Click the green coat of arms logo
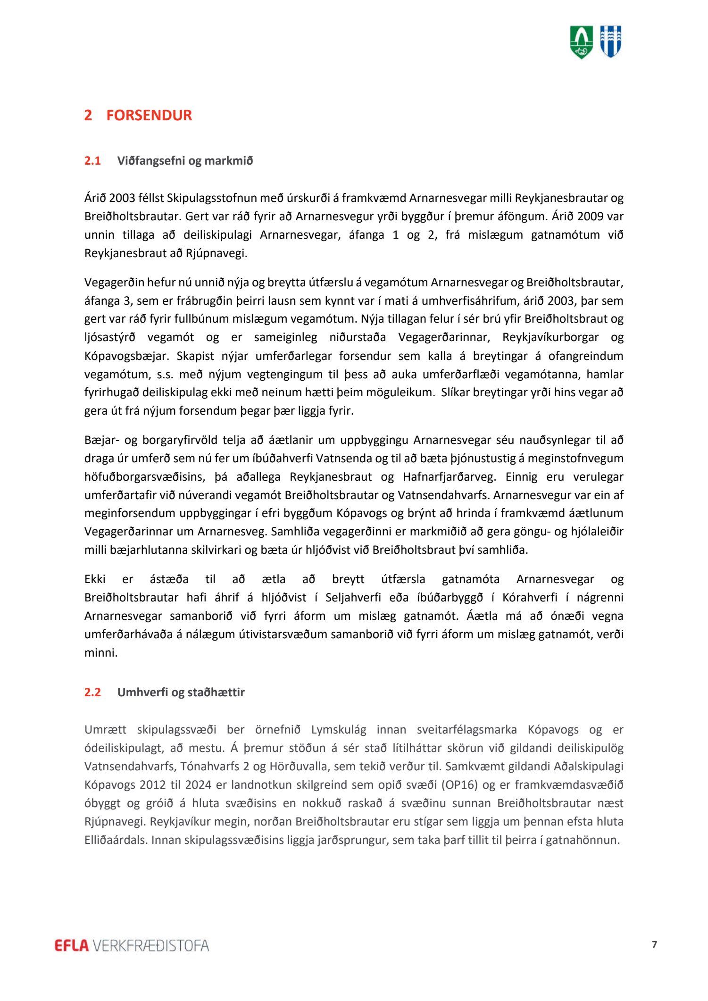click(x=582, y=42)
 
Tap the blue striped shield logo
click(x=610, y=42)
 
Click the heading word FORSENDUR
click(x=149, y=116)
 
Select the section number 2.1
click(x=92, y=161)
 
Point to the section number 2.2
click(x=92, y=692)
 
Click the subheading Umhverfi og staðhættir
click(x=181, y=692)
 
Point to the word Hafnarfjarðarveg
click(x=449, y=477)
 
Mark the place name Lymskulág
click(x=339, y=730)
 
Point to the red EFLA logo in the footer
click(x=72, y=945)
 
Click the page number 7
click(x=654, y=944)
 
